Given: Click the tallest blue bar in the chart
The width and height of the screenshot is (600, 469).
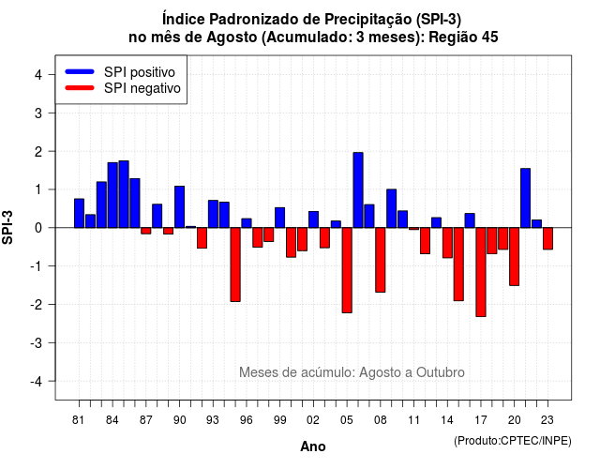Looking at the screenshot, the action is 358,189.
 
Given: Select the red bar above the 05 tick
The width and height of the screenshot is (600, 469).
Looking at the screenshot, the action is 347,270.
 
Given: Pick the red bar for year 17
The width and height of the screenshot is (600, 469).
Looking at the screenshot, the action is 481,272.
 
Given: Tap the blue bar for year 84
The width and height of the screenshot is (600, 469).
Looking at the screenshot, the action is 112,195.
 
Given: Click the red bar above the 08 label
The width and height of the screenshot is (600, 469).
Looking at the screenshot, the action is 380,260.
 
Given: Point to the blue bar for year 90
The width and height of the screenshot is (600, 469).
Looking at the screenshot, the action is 179,206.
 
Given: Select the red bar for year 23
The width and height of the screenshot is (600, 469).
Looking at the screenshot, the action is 547,238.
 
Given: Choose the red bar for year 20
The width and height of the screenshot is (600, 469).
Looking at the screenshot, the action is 515,256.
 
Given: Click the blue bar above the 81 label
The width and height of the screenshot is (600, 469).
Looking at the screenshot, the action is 79,213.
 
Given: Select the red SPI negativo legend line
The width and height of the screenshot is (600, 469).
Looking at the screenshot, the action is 80,88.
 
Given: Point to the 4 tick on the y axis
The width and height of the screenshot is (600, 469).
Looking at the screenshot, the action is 38,75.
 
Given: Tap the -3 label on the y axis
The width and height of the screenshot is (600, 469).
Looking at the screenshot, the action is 37,342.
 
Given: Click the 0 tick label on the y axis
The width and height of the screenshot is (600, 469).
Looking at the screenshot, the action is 38,228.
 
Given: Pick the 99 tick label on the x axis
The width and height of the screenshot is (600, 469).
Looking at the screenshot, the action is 279,420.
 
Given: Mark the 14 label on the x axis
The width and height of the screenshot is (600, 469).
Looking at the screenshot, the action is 447,420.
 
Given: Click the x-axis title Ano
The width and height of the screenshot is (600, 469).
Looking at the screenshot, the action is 313,446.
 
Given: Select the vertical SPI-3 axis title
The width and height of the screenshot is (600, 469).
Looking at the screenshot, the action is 7,227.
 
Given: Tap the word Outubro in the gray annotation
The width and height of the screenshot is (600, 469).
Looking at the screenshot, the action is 441,372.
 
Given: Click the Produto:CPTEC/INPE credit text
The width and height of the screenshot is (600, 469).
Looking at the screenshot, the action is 513,441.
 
